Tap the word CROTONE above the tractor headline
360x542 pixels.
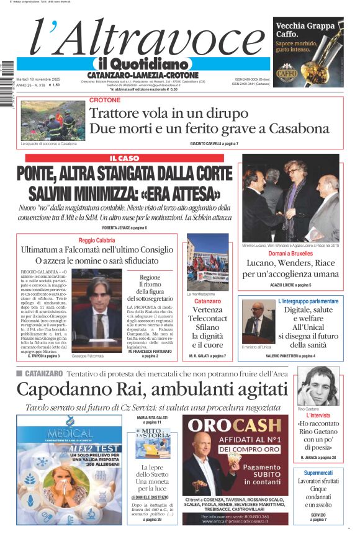[x=105, y=100]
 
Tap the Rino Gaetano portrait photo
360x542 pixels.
[x=317, y=386]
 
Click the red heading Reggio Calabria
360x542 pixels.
[x=97, y=240]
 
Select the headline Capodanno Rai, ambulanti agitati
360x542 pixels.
[x=152, y=389]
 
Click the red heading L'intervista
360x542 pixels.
[x=318, y=415]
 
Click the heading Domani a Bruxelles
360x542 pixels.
[x=290, y=254]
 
